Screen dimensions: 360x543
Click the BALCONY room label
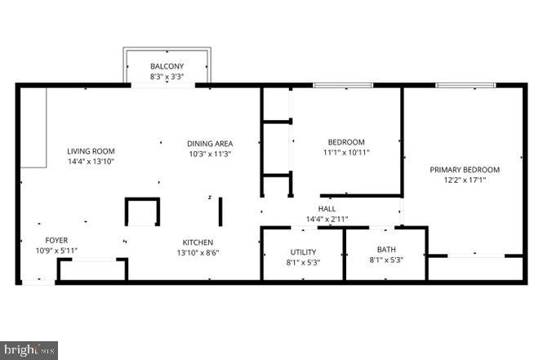tap(167, 66)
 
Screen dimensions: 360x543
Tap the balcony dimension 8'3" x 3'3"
tap(167, 76)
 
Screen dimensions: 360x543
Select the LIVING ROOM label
tap(91, 151)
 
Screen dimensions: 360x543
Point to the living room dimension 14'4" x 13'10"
tap(91, 162)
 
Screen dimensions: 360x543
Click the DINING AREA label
tap(211, 143)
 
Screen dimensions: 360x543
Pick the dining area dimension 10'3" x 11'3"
tap(211, 153)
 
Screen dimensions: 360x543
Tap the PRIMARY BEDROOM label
tap(465, 170)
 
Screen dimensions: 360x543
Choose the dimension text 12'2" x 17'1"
tap(465, 180)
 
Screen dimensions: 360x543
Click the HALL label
tap(327, 209)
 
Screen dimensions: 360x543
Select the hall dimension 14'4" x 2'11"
tap(327, 219)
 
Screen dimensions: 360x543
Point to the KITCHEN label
tap(198, 242)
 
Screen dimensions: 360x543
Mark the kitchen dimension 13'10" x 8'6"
tap(198, 253)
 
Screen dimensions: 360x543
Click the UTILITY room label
tap(303, 252)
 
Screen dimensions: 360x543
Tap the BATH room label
tap(385, 250)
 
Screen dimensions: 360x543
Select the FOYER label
tap(56, 240)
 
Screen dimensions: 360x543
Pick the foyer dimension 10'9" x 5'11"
tap(56, 251)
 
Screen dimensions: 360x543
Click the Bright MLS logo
tap(29, 350)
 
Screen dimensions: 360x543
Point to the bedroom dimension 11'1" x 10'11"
tap(345, 153)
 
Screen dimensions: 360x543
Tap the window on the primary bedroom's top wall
tap(465, 85)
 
